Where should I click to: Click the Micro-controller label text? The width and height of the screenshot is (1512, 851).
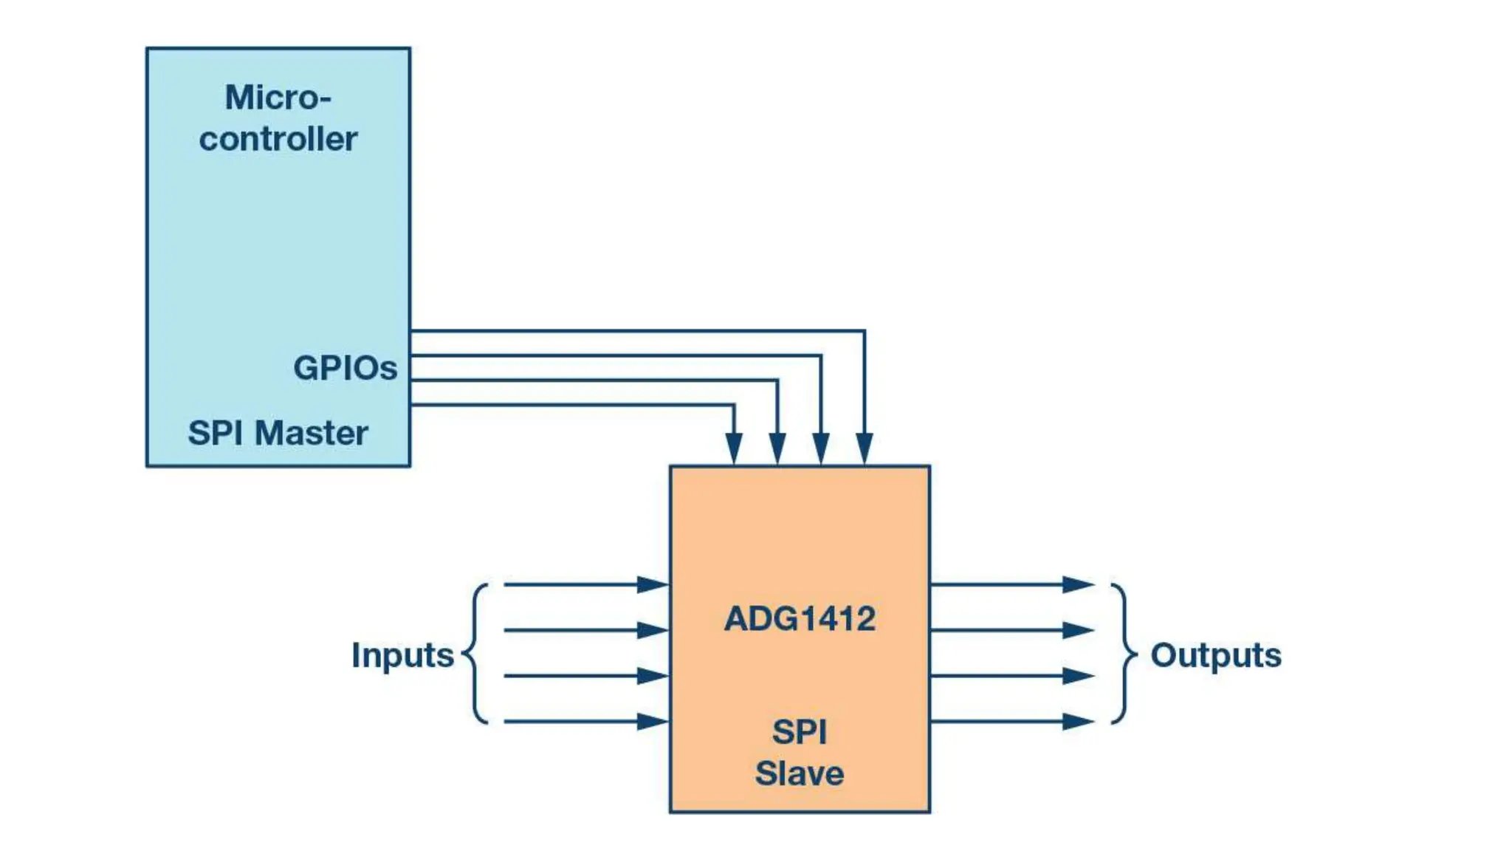pos(278,118)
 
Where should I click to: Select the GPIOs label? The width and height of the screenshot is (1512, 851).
pos(345,368)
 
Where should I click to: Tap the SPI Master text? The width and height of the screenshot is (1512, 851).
pos(278,433)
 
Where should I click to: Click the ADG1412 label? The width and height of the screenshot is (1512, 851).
pos(800,619)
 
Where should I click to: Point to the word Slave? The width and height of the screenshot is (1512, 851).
pos(800,773)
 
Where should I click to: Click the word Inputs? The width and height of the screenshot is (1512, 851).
pos(402,655)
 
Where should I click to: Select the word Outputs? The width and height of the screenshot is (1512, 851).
pos(1216,655)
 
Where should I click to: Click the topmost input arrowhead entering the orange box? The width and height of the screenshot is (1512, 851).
pos(653,585)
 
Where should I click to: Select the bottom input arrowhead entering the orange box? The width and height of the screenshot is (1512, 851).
pos(653,722)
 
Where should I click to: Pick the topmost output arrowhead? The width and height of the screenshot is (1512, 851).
pos(1078,585)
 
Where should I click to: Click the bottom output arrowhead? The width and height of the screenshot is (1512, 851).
pos(1078,722)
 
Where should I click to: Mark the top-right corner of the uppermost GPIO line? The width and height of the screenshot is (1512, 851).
pos(865,331)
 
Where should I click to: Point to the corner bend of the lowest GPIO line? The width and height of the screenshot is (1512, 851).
pos(734,405)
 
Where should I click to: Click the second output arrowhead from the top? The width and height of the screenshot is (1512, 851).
pos(1078,631)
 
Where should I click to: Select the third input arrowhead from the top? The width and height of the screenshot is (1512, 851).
pos(653,676)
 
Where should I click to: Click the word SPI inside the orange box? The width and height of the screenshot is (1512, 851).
pos(800,733)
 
